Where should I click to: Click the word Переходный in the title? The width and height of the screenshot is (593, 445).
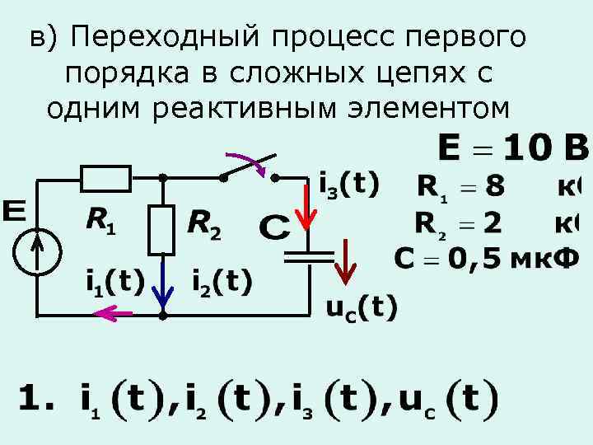[156, 37]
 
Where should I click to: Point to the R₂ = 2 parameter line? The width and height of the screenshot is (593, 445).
[461, 223]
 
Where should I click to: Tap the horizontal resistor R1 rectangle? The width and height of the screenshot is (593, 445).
[105, 177]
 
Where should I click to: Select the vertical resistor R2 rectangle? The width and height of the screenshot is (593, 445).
[162, 229]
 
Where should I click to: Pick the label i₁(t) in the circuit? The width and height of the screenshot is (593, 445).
[115, 282]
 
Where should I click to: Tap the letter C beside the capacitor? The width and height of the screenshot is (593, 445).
[274, 227]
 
